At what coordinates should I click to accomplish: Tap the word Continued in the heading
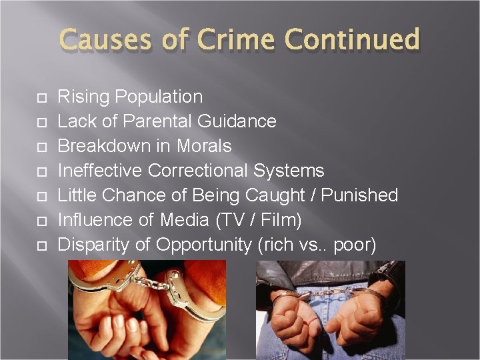(352, 40)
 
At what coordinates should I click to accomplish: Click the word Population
(159, 97)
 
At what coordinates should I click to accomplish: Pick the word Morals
(204, 146)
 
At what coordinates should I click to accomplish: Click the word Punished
(359, 195)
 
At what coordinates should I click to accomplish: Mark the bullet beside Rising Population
(41, 98)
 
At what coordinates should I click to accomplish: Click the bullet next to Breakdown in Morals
(41, 147)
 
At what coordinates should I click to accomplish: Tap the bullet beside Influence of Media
(41, 221)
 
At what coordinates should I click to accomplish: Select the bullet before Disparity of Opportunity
(41, 246)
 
